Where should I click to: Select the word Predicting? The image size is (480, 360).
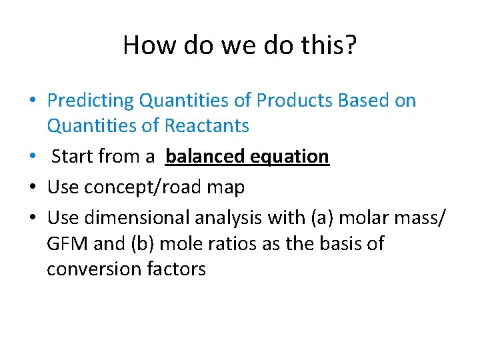coord(91,101)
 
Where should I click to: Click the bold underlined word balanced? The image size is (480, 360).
coord(204,157)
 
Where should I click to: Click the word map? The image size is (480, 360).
coord(227,188)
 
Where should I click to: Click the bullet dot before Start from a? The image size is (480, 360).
coord(33,157)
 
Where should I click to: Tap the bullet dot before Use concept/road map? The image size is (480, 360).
coord(33,188)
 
